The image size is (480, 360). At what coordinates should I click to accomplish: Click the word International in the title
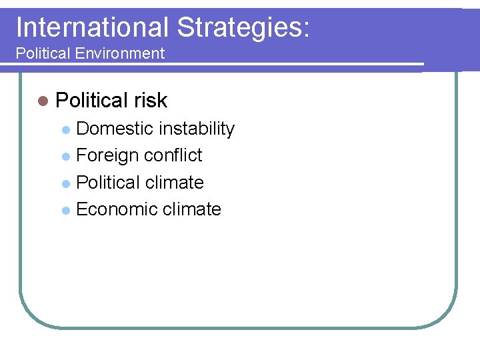tap(92, 27)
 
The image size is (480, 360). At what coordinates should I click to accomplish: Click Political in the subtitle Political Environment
tap(39, 53)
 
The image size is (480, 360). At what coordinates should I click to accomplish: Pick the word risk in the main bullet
tap(150, 101)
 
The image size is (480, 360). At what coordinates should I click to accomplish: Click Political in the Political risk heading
tap(92, 101)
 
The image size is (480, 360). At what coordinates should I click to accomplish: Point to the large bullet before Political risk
tap(43, 101)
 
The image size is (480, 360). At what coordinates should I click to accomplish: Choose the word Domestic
tap(114, 129)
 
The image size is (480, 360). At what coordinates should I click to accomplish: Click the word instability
tap(196, 129)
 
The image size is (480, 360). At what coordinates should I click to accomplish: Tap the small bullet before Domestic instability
tap(66, 129)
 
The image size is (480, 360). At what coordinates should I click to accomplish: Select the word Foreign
tap(108, 155)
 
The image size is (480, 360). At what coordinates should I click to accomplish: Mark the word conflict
tap(173, 155)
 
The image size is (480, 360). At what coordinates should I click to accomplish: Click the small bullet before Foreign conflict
tap(66, 157)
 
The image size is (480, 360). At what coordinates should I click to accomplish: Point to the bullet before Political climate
tap(66, 183)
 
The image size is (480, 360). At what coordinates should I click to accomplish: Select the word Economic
tap(117, 209)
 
